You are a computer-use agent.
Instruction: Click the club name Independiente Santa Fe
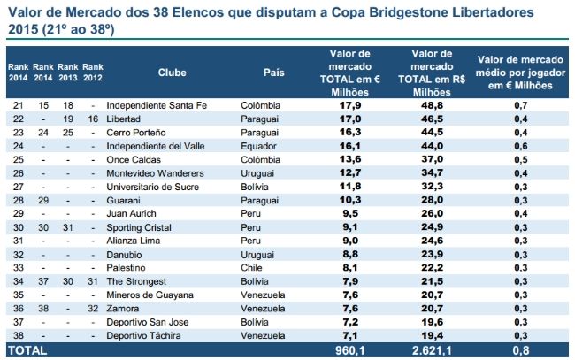point(157,106)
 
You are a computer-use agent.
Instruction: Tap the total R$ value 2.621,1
point(432,351)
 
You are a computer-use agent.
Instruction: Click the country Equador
point(257,145)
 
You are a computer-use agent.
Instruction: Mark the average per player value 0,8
point(520,351)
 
